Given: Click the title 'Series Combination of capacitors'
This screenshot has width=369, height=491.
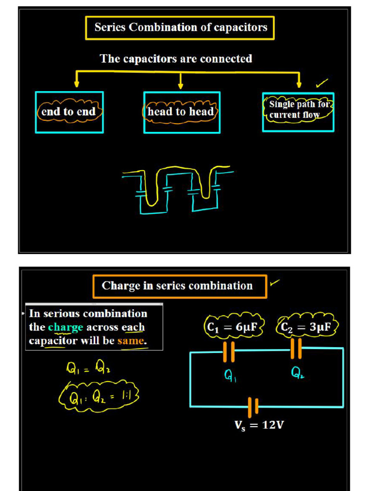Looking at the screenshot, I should (180, 28).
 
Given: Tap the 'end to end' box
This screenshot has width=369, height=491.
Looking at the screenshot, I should (69, 112).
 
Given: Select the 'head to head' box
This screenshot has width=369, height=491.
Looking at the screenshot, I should (181, 112).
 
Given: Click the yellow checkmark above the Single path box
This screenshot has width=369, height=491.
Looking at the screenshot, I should (321, 83).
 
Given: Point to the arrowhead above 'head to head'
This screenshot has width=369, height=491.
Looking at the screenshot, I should (181, 86).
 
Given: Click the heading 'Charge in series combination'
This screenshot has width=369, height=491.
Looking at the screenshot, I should (178, 286).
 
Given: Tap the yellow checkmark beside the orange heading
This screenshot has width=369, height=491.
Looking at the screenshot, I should (274, 283).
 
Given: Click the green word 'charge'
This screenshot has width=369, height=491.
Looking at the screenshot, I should (65, 327).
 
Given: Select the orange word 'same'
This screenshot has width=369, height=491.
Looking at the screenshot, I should (131, 341).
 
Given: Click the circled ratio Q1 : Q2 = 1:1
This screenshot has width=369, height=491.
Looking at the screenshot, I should (98, 397).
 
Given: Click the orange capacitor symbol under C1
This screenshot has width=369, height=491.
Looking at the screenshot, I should (229, 352).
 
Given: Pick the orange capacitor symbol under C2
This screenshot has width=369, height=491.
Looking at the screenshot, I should (296, 349).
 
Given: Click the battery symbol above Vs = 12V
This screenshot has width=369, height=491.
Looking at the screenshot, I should (253, 407).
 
